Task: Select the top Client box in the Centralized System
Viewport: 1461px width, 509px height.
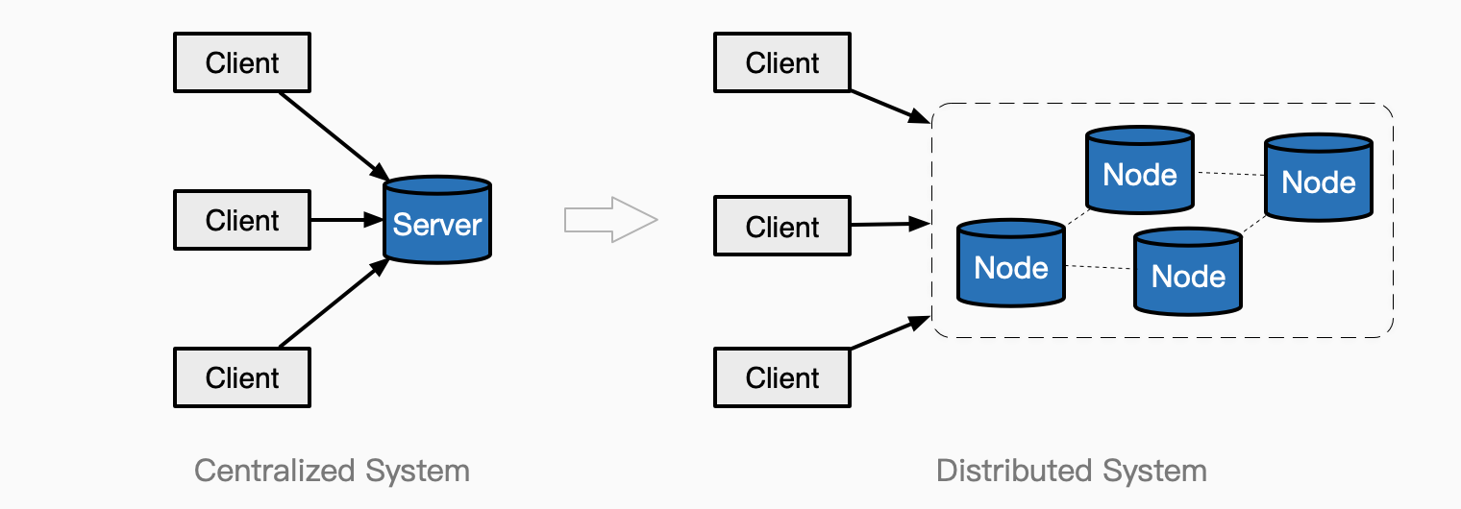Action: (242, 63)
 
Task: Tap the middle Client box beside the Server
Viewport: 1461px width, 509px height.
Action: (242, 221)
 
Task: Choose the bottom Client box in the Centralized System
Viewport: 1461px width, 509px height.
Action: (242, 377)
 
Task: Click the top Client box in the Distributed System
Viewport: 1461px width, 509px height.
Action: (782, 63)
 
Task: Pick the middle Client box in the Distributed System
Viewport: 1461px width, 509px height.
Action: (782, 228)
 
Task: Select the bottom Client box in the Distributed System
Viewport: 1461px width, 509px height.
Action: (782, 377)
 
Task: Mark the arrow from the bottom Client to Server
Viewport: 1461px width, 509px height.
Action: (332, 304)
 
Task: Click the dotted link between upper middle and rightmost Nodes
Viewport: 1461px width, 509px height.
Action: (1228, 174)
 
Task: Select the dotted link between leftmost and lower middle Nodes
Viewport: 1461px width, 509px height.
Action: (1100, 268)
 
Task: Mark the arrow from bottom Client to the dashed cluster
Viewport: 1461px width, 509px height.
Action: (889, 333)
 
